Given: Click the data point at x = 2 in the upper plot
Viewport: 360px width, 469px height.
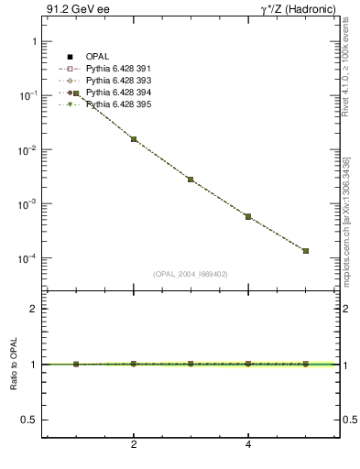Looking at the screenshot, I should point(134,139).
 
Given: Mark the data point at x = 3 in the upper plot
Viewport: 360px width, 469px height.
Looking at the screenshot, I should point(191,180).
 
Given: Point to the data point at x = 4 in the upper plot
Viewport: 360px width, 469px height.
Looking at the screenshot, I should point(248,216).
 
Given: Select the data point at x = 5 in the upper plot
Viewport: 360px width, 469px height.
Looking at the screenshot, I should point(306,250).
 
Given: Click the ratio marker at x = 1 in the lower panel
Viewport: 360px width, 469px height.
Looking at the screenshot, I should point(76,364).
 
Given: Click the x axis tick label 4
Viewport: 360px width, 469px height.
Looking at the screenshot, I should point(248,444).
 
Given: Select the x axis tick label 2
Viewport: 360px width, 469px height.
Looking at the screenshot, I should point(134,444).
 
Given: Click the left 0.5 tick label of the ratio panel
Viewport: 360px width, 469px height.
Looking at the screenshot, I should point(27,420).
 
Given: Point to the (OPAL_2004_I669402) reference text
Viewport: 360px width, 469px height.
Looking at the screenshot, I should point(191,274).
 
